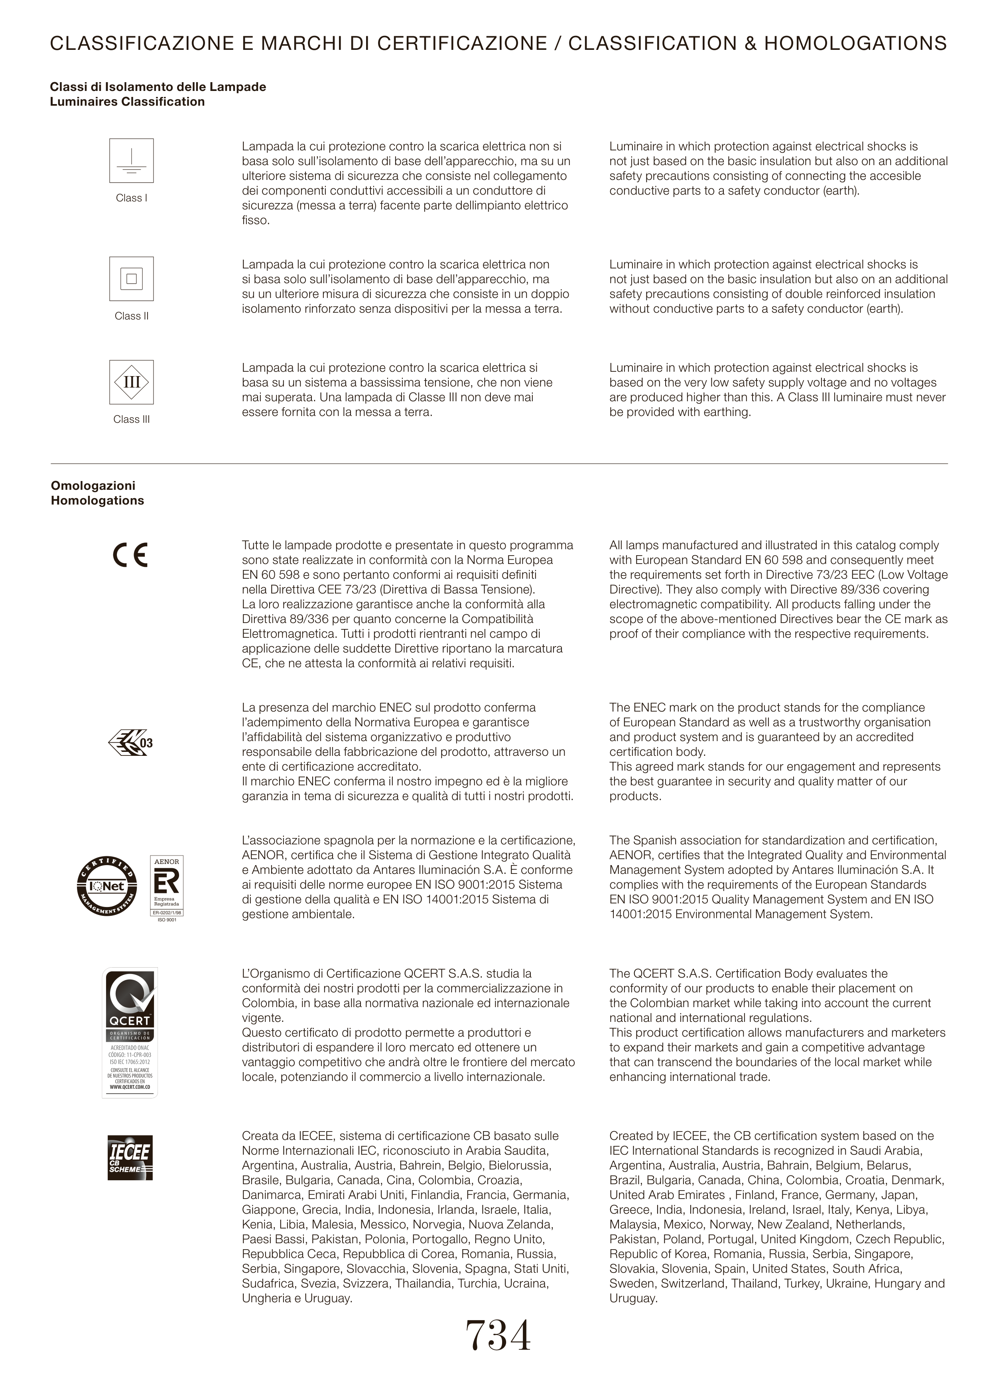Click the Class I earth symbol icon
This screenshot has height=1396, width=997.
(x=131, y=161)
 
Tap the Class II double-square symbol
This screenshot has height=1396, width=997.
(x=131, y=279)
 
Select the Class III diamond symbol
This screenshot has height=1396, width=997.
(x=131, y=382)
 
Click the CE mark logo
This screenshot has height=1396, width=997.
(x=130, y=555)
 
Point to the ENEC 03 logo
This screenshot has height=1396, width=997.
(x=130, y=743)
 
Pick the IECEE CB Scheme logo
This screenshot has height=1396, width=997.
(x=130, y=1158)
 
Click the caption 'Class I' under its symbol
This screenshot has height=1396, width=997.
(x=131, y=198)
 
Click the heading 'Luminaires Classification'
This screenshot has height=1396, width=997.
(x=127, y=102)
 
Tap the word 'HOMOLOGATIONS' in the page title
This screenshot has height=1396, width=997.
(x=855, y=43)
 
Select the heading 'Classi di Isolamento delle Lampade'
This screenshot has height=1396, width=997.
(x=158, y=87)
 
